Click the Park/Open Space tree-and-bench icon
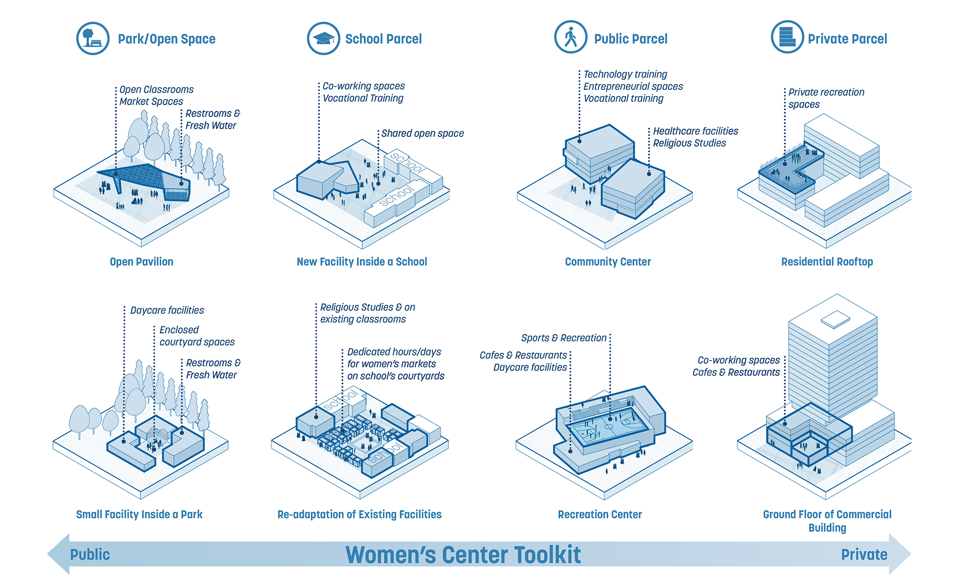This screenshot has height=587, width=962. click(93, 38)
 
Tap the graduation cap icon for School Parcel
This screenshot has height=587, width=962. click(324, 38)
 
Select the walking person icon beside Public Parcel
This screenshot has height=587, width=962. click(571, 37)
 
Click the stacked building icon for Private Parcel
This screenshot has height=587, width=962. click(787, 37)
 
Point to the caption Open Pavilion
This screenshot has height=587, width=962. click(141, 262)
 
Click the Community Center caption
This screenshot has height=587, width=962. click(608, 262)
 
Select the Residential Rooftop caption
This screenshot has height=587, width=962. click(827, 262)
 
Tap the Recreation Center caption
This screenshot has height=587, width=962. click(600, 514)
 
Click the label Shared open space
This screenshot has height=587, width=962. click(422, 134)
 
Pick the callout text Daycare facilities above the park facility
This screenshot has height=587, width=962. click(167, 311)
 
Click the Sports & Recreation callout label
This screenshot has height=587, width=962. click(564, 338)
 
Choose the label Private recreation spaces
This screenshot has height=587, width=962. click(825, 98)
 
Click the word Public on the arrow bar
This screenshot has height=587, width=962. click(90, 555)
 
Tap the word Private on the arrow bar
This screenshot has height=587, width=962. click(864, 555)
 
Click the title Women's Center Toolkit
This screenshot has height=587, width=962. click(463, 555)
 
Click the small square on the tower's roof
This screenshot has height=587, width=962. click(835, 319)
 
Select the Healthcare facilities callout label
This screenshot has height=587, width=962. click(696, 131)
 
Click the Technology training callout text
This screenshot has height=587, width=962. click(625, 75)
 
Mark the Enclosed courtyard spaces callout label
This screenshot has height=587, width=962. click(197, 336)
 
